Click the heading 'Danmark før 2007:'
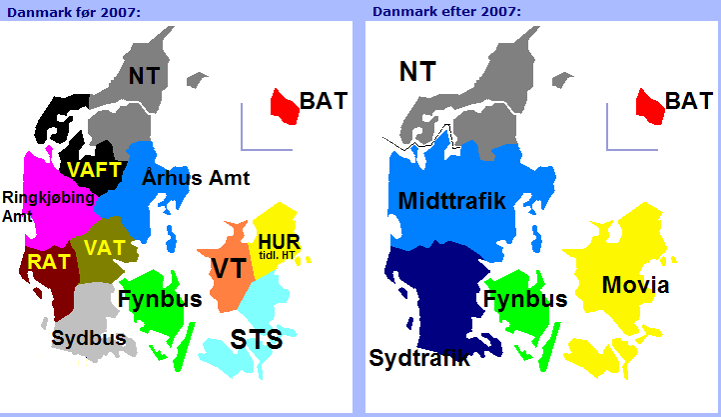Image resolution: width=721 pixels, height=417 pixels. click(x=74, y=12)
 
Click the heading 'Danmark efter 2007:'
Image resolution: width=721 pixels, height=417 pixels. click(x=446, y=12)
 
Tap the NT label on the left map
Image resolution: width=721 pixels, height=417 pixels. click(x=144, y=76)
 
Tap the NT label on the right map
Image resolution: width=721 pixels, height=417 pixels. click(x=417, y=72)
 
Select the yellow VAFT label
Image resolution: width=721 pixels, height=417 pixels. click(x=94, y=170)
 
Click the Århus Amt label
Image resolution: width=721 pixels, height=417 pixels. click(x=196, y=177)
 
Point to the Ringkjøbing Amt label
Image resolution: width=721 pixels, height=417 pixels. click(x=48, y=207)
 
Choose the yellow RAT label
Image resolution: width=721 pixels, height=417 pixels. click(x=49, y=262)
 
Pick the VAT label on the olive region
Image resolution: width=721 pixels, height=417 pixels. click(x=105, y=248)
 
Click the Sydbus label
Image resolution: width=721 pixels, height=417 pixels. click(x=89, y=338)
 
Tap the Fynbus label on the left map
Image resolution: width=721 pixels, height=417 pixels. click(x=160, y=299)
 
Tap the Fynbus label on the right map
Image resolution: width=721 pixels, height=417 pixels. click(x=525, y=299)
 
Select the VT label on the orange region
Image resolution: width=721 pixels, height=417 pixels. click(x=229, y=268)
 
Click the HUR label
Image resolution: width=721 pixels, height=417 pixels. click(x=279, y=242)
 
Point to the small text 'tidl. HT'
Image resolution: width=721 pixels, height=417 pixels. click(x=277, y=255)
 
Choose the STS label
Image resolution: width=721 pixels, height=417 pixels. click(x=256, y=339)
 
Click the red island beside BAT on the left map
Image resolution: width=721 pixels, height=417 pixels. click(x=284, y=107)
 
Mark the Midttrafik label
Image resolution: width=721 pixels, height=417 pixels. click(x=451, y=201)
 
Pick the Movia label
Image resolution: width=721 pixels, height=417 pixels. click(x=635, y=285)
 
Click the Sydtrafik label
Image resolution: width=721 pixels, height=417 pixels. click(x=419, y=358)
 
